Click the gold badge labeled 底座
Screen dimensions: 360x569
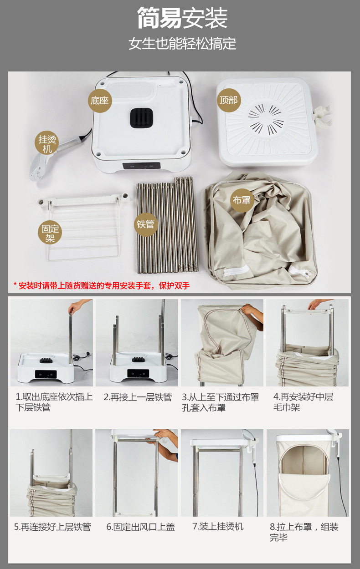pyautogui.click(x=100, y=101)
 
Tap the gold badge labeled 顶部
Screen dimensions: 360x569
pyautogui.click(x=229, y=100)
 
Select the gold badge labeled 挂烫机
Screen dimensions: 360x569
pyautogui.click(x=47, y=143)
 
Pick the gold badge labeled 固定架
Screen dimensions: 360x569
pyautogui.click(x=50, y=233)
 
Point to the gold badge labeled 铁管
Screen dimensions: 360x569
pyautogui.click(x=146, y=224)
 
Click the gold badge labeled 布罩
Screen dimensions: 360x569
pyautogui.click(x=242, y=200)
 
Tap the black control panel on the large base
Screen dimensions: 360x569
pyautogui.click(x=141, y=166)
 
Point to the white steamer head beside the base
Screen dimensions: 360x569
pyautogui.click(x=40, y=167)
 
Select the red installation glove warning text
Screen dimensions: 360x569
pyautogui.click(x=102, y=285)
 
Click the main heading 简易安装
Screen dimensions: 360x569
pyautogui.click(x=182, y=18)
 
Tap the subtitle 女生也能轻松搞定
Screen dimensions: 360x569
pyautogui.click(x=182, y=43)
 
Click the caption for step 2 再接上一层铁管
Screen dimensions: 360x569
pyautogui.click(x=138, y=397)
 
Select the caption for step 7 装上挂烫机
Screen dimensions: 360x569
pyautogui.click(x=218, y=526)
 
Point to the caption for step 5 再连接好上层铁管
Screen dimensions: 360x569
pyautogui.click(x=52, y=527)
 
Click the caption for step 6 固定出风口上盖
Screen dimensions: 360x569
pyautogui.click(x=141, y=527)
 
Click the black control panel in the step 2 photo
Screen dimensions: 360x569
pyautogui.click(x=138, y=373)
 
